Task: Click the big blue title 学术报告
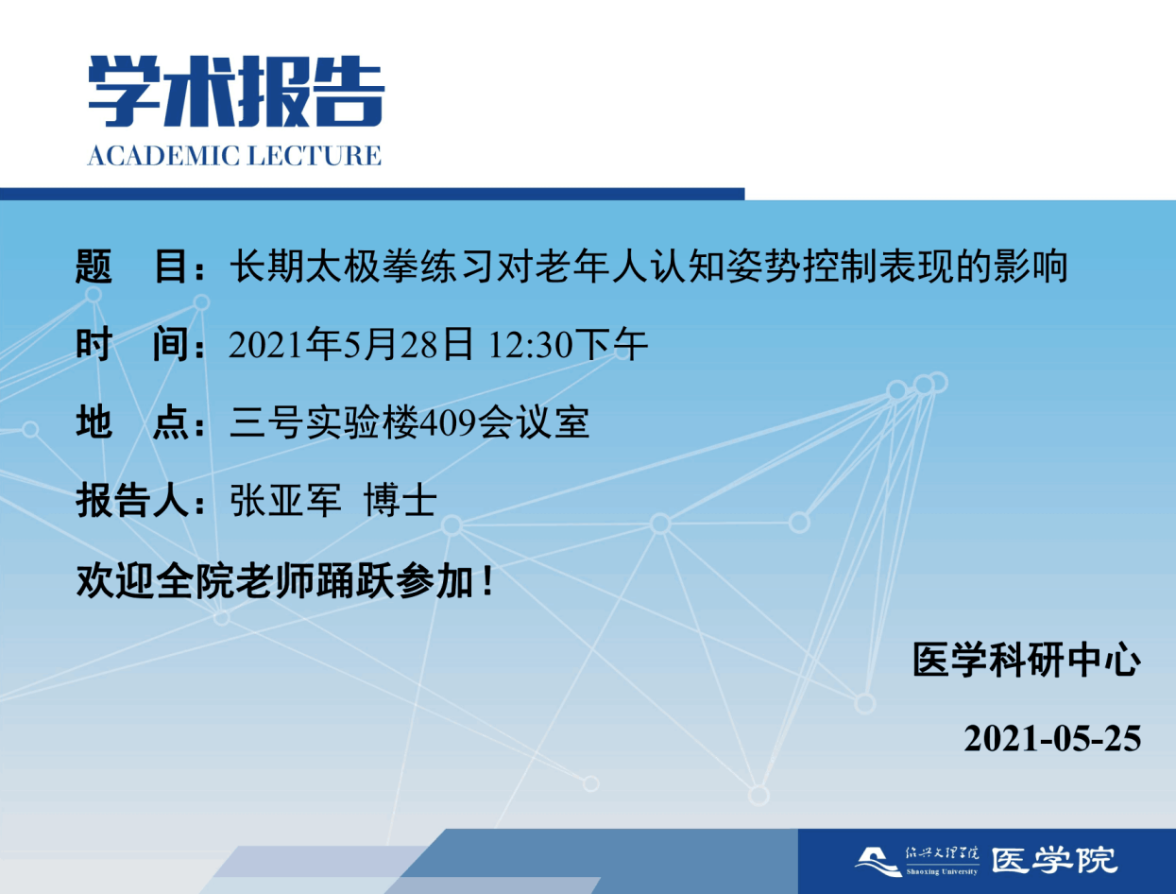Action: pos(236,91)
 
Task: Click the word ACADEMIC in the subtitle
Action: pos(162,156)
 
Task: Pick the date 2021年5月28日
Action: pos(351,345)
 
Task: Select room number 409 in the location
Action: pos(448,423)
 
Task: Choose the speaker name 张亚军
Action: pos(285,501)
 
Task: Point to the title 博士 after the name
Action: pos(401,501)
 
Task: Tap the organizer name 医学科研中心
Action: pos(1027,660)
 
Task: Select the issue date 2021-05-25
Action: pos(1052,739)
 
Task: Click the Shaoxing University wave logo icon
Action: pos(878,861)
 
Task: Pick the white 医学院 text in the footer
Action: pos(1054,861)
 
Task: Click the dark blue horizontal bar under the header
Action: pos(372,194)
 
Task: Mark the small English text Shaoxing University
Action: pos(942,872)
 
